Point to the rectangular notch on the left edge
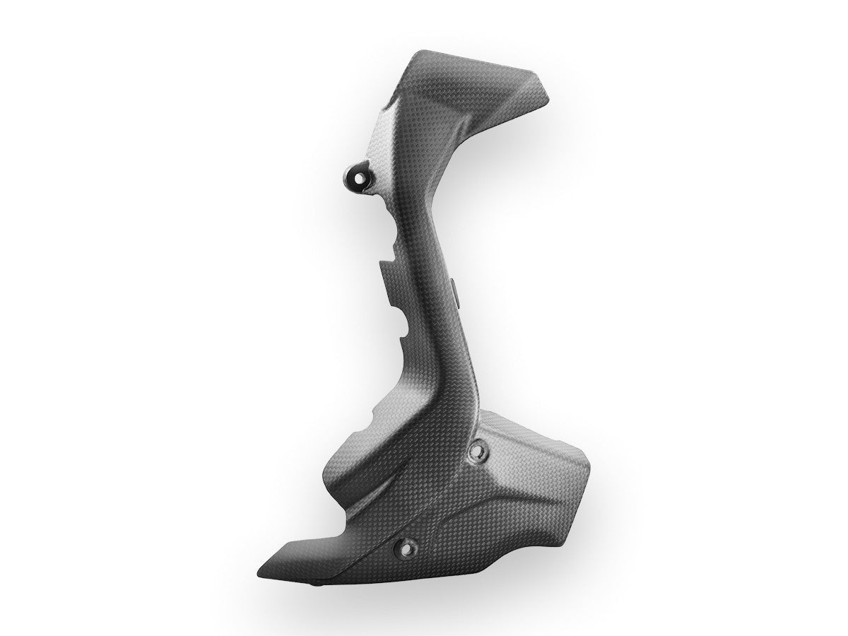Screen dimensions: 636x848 coord(385,272)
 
